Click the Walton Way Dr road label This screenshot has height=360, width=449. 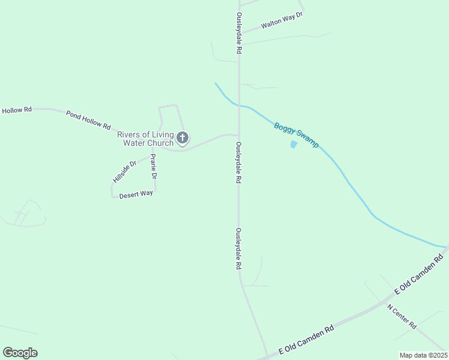coord(282,22)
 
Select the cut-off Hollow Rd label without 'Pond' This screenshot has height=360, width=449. coord(16,110)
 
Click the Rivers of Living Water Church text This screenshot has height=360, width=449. coord(145,139)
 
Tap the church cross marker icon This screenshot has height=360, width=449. coord(183,138)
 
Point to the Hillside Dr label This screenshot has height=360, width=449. coord(125,172)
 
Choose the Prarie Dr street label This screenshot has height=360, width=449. coord(154,167)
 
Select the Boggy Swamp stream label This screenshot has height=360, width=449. coord(296,135)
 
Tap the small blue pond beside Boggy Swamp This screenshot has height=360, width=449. coord(294,145)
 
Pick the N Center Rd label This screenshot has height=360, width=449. coord(402,316)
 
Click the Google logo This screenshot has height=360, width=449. coord(20,353)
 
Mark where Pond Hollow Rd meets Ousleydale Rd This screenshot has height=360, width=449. coord(239,135)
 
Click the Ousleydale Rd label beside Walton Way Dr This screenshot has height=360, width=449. coord(239,33)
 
